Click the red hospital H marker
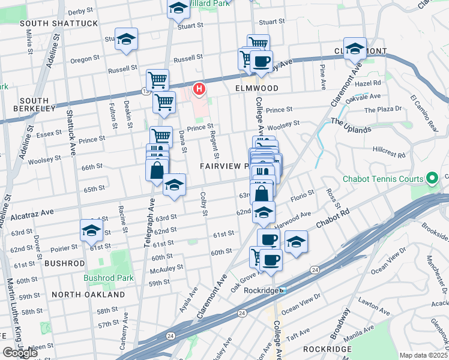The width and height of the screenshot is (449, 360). pyautogui.click(x=199, y=90)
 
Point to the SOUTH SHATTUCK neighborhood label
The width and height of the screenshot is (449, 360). pyautogui.click(x=58, y=23)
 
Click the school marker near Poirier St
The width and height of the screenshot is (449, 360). pyautogui.click(x=92, y=230)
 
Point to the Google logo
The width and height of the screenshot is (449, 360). pyautogui.click(x=20, y=353)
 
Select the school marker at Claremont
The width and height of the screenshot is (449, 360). pyautogui.click(x=355, y=48)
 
